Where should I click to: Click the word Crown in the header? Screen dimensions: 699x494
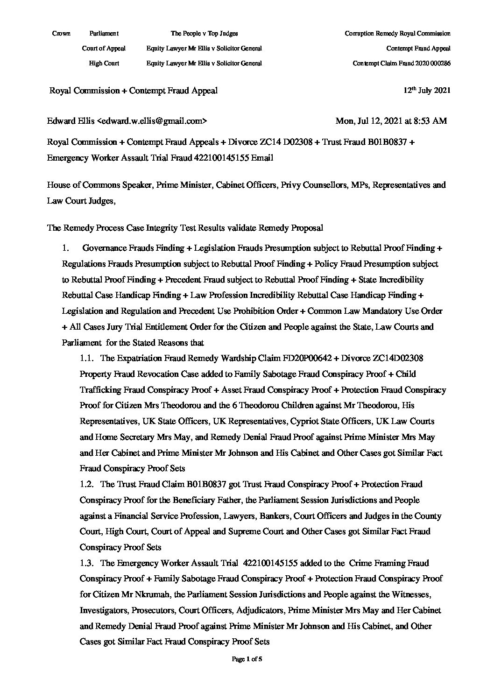tap(62, 33)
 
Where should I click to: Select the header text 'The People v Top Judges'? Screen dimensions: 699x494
tap(204, 33)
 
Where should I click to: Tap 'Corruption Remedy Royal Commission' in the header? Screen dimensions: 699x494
tap(397, 33)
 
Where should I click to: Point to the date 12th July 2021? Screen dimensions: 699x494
tap(427, 91)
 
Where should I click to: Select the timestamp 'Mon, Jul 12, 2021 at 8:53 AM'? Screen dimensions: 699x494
tap(391, 121)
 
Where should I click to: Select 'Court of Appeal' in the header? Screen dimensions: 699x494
tap(104, 48)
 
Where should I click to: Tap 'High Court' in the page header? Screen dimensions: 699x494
tap(104, 63)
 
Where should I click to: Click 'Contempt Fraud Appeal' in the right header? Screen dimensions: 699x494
tap(418, 48)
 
